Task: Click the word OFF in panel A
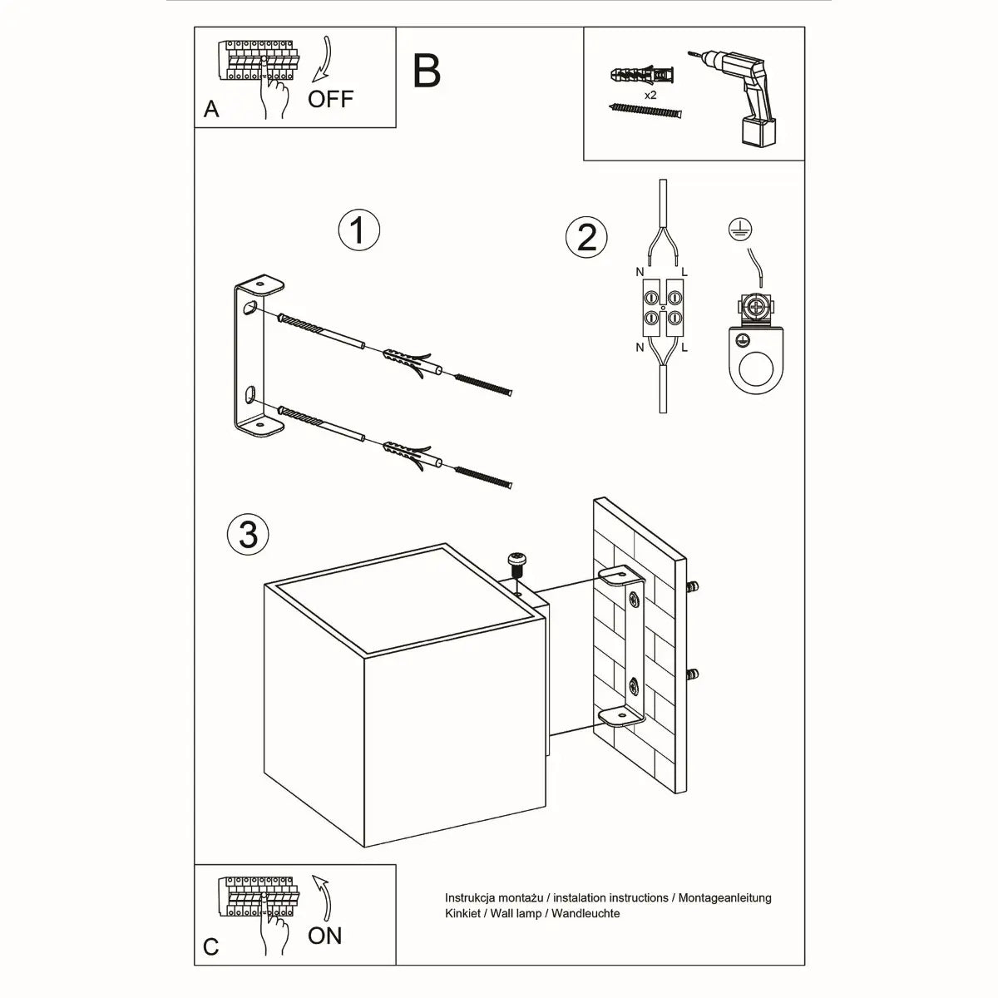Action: pos(330,99)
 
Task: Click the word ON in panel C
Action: pos(324,936)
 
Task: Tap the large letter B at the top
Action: pos(427,72)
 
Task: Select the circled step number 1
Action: pos(358,230)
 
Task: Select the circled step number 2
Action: pos(586,237)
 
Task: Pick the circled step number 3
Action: pos(248,533)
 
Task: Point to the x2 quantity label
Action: pos(650,96)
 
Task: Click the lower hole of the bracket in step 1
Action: pos(249,393)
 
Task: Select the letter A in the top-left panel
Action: pos(211,110)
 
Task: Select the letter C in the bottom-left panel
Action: pos(211,946)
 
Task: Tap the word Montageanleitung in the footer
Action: pos(724,898)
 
